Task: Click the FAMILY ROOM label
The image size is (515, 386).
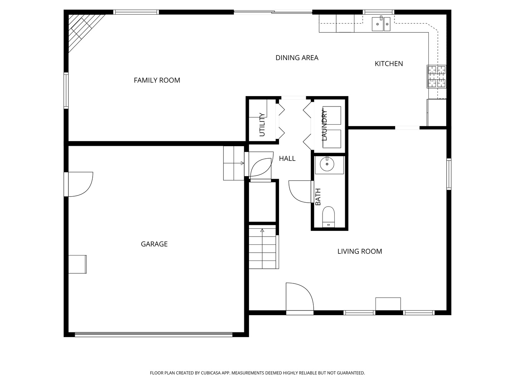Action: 157,80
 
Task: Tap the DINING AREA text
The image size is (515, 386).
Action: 297,58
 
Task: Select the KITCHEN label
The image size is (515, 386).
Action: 388,64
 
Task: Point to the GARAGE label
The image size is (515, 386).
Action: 154,244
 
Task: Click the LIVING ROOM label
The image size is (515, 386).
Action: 360,252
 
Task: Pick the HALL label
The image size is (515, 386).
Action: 287,159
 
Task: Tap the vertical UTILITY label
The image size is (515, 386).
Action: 262,124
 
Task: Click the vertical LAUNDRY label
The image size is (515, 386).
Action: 324,125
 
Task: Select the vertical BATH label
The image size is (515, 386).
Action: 318,197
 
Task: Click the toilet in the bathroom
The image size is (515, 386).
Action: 328,217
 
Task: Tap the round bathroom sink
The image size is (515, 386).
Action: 327,164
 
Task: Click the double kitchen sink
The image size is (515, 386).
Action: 381,24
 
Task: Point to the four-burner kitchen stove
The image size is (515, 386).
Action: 436,76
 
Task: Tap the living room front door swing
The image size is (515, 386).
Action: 300,297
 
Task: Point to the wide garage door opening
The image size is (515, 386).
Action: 154,335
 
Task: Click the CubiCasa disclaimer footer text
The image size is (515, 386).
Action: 257,373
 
